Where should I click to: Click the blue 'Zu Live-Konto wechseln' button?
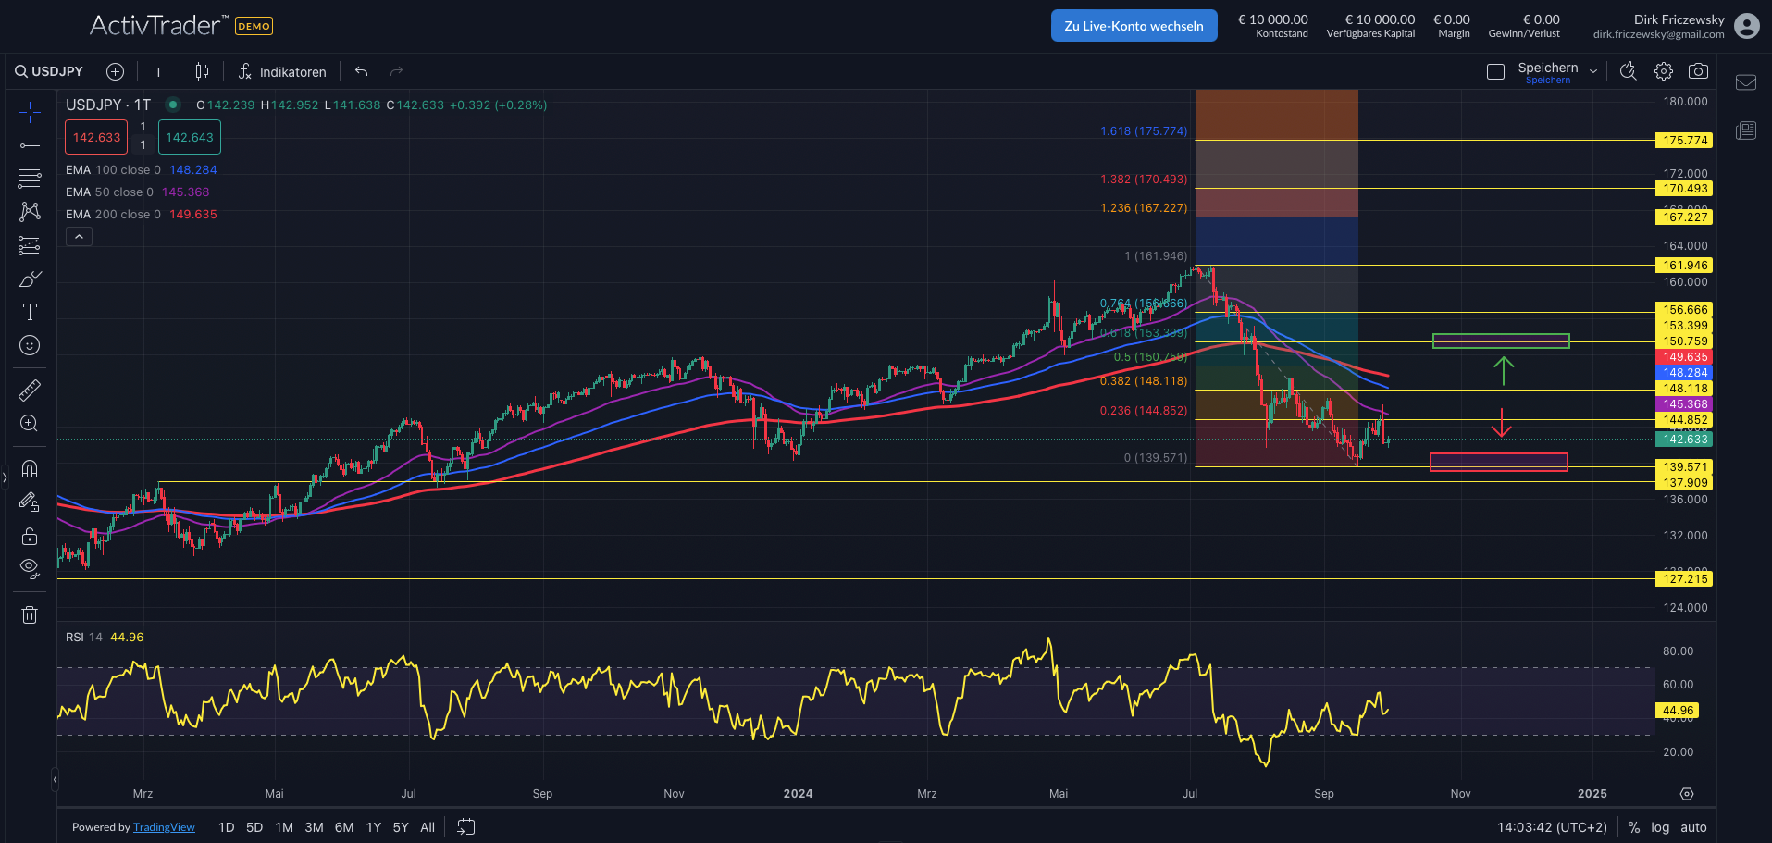tap(1134, 26)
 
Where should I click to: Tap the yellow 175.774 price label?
tap(1684, 141)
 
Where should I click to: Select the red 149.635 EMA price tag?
tap(1684, 357)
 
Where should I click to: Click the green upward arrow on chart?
tap(1504, 369)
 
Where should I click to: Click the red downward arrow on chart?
tap(1501, 424)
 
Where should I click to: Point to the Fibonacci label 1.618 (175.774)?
tap(1143, 131)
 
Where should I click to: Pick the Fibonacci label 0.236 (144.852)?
tap(1143, 411)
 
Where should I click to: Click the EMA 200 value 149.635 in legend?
tap(192, 215)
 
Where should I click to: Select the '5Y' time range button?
tap(401, 827)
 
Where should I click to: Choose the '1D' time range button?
tap(227, 827)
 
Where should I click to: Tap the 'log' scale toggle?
tap(1660, 827)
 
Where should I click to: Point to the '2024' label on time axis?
tap(798, 794)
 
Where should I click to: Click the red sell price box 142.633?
tap(96, 138)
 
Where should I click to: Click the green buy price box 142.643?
tap(190, 138)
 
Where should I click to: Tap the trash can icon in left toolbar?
tap(30, 614)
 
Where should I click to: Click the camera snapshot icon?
tap(1698, 71)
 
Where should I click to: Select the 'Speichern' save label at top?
tap(1547, 68)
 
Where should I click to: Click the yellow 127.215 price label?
tap(1684, 579)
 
